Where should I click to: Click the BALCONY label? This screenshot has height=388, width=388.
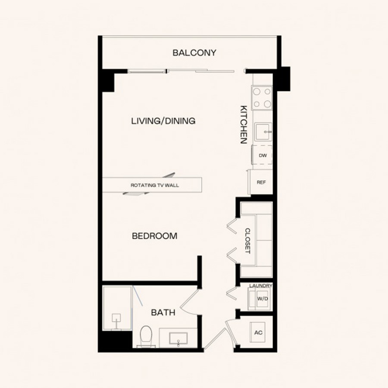coord(194,53)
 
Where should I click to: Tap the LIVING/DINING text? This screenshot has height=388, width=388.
coord(163,121)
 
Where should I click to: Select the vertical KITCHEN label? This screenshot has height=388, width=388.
coord(244,125)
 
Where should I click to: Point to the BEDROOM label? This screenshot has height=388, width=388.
coord(155,236)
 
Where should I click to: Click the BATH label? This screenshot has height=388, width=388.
coord(163,313)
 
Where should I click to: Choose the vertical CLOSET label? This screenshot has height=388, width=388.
coord(247,241)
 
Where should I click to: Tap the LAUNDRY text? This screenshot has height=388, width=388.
coord(261,286)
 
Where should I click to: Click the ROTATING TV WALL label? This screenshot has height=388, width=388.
coord(155,185)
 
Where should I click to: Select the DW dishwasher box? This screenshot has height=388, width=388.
coord(262,155)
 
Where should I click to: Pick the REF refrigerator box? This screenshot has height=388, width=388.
coord(261,182)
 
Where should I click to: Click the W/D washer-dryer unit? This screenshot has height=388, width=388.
coord(260,299)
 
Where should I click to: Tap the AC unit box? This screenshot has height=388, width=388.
coord(258,332)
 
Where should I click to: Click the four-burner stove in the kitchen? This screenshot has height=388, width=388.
coord(262,98)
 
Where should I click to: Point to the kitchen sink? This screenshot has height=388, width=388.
coord(263,132)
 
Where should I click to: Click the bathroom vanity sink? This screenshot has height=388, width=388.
coord(178,338)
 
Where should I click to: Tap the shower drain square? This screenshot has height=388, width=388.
coord(116,318)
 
